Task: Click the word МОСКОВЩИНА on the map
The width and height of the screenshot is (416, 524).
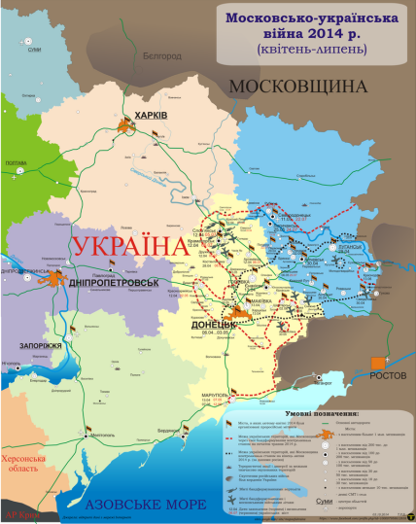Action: (x=297, y=87)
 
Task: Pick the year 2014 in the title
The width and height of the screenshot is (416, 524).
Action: (x=324, y=30)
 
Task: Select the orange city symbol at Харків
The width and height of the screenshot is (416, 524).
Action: (x=126, y=125)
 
